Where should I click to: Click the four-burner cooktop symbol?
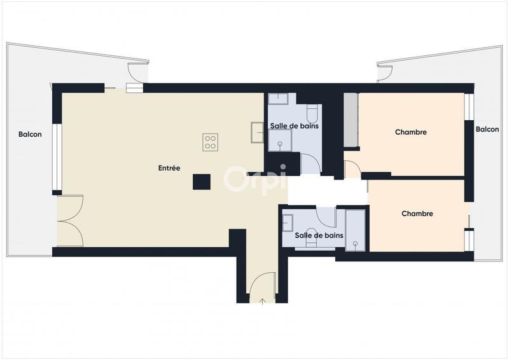point(211,142)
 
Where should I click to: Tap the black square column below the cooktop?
point(202,182)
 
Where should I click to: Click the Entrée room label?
point(169,169)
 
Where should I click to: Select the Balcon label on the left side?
point(30,134)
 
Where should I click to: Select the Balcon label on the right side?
point(487,130)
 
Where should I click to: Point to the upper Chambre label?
point(410,132)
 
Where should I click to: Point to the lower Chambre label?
point(417,214)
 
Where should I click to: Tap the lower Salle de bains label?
point(319,235)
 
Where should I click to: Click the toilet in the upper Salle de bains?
point(312,113)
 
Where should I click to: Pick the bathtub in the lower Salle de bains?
point(355,229)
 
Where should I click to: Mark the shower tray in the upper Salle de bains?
point(279,144)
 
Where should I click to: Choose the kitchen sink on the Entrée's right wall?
point(257,132)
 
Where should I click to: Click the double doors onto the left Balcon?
point(70,221)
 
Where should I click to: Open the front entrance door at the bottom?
point(262,287)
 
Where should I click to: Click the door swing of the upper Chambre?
point(352,169)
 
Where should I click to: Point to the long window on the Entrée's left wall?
point(57,156)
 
